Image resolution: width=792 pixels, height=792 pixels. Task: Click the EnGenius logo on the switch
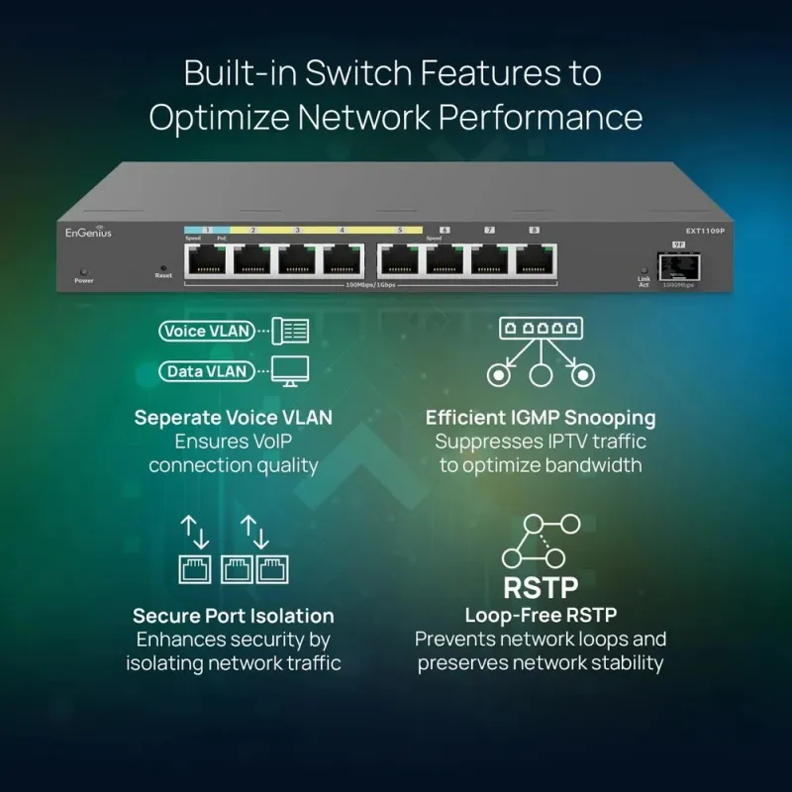[89, 233]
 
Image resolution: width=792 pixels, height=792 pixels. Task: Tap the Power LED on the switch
[84, 271]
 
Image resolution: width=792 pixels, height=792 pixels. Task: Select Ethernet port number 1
[207, 258]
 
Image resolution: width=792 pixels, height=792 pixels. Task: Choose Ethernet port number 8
[535, 258]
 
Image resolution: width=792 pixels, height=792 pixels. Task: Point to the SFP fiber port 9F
[678, 265]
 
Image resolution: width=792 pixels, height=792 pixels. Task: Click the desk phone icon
[290, 331]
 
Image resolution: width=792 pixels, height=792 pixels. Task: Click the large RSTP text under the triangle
[541, 586]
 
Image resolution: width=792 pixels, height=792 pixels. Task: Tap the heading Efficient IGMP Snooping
[541, 418]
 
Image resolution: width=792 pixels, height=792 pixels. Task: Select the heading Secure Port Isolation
[234, 616]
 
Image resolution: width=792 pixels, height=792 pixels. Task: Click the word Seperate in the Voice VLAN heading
[167, 418]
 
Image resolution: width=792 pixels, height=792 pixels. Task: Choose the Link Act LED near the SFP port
[643, 270]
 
